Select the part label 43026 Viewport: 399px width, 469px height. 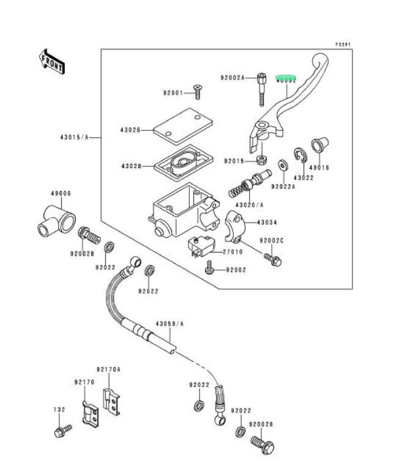coord(130,130)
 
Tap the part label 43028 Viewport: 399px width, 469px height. coord(131,166)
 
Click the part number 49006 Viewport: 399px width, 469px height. coord(61,193)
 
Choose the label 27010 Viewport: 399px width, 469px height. coord(232,251)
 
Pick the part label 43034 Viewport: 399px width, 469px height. coord(267,223)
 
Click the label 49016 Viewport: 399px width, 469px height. coord(319,167)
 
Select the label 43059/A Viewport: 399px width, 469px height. coord(170,323)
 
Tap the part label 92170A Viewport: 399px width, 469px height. coord(108,369)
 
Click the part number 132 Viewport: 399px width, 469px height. coord(59,410)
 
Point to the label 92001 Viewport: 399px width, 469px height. coord(173,93)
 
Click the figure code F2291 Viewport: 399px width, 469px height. coord(343,45)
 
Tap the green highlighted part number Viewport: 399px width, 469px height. coord(286,79)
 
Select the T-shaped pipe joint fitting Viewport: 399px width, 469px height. coord(56,221)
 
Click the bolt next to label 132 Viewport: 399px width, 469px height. coord(62,430)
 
